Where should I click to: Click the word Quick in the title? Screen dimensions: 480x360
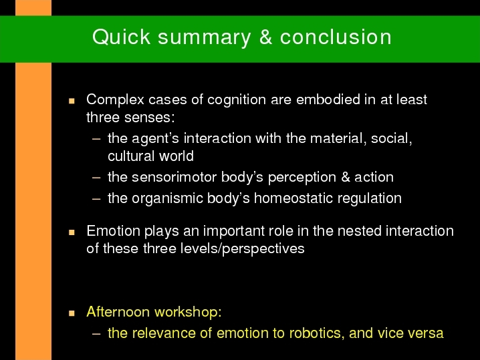point(121,37)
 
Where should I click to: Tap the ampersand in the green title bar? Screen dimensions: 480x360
point(265,37)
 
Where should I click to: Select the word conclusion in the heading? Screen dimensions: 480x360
point(336,37)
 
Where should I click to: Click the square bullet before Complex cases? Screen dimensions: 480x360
point(72,101)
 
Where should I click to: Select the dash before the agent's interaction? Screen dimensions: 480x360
point(96,139)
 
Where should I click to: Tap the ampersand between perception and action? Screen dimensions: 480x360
point(346,177)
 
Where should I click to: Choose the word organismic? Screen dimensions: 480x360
point(167,198)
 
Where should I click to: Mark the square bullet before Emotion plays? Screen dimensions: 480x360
point(72,232)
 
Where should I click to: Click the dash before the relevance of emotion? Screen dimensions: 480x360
point(96,334)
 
